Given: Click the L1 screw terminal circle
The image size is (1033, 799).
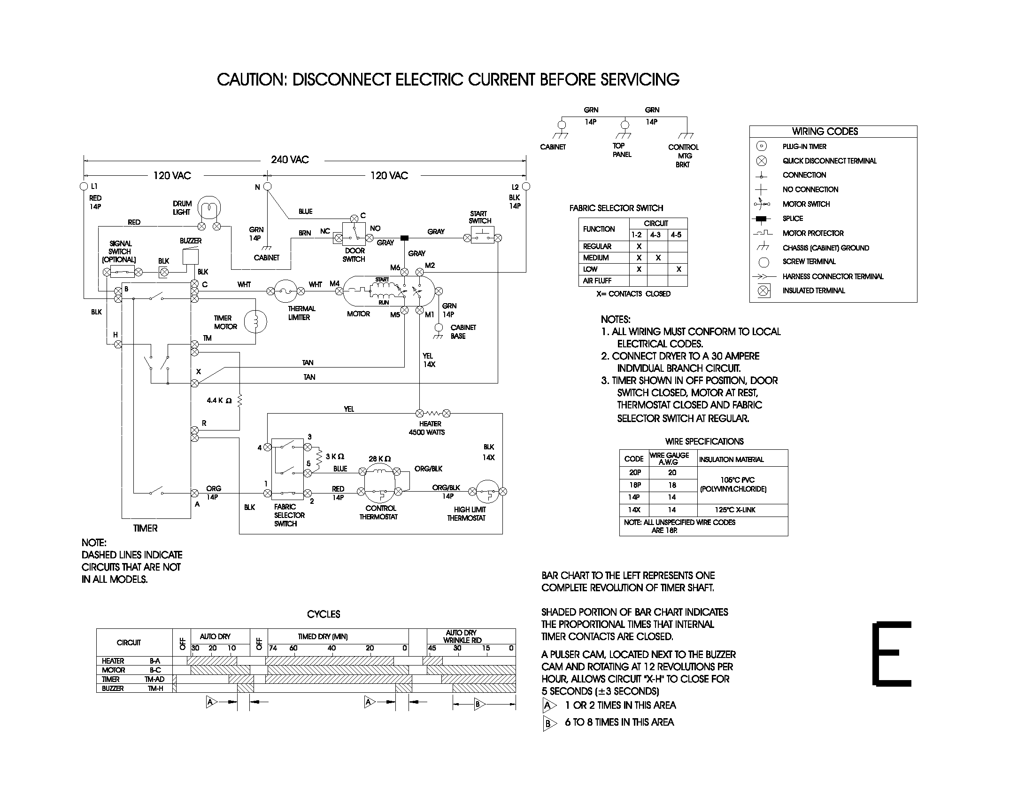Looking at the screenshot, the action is [84, 187].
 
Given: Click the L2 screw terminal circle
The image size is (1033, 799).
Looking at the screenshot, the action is [526, 187].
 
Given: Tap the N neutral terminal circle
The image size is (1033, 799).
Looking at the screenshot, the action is [267, 187].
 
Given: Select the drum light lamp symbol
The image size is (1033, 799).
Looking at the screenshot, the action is [208, 208].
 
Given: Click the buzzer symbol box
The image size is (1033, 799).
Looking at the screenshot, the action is [191, 257].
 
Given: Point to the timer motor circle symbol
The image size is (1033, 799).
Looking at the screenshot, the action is [255, 322].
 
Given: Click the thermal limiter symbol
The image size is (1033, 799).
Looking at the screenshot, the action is [286, 291].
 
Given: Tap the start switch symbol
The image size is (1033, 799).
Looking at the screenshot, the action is [482, 235].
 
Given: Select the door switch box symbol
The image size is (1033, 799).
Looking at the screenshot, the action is [354, 234].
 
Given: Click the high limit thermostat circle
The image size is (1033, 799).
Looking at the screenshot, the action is [487, 491].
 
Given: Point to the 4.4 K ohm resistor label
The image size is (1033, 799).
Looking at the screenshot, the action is [219, 401].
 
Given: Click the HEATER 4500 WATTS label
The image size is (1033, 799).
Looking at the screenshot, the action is [427, 428].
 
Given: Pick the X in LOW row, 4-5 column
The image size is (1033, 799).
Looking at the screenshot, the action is [678, 269].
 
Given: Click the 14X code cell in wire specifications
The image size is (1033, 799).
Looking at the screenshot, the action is [634, 510].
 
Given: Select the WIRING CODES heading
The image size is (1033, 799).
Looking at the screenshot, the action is [825, 132].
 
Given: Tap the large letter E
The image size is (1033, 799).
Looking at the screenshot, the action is [892, 654].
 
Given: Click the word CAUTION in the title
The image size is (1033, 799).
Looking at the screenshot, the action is [251, 79].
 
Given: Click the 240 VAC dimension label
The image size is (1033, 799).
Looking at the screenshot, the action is [290, 159].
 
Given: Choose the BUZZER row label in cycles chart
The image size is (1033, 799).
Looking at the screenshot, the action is [113, 688].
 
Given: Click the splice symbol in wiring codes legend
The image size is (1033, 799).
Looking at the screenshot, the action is [761, 219].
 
